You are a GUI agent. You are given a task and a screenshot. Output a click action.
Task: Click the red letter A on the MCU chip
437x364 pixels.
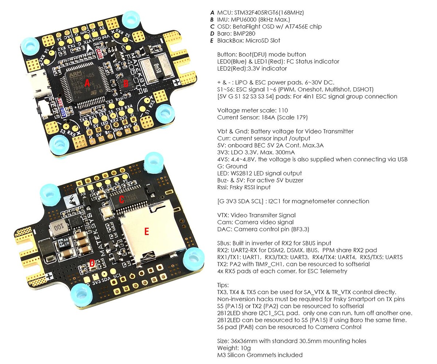coord(87,83)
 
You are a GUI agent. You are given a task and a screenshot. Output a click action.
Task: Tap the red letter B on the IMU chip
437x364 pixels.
coord(126,84)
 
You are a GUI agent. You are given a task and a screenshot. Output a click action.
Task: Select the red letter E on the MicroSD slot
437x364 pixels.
coord(146,232)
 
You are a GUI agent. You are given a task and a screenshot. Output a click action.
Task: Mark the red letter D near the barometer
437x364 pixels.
coord(92,262)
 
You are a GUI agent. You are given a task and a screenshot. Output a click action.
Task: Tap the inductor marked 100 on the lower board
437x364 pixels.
coord(57,228)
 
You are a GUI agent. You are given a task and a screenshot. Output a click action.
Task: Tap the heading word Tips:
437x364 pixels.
coord(223,285)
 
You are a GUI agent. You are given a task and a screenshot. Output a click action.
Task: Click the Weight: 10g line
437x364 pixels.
coord(233,348)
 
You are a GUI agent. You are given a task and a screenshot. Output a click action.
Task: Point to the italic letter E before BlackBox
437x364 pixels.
coord(212,40)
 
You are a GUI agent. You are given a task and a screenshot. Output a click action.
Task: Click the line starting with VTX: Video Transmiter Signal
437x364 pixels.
coord(256,215)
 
